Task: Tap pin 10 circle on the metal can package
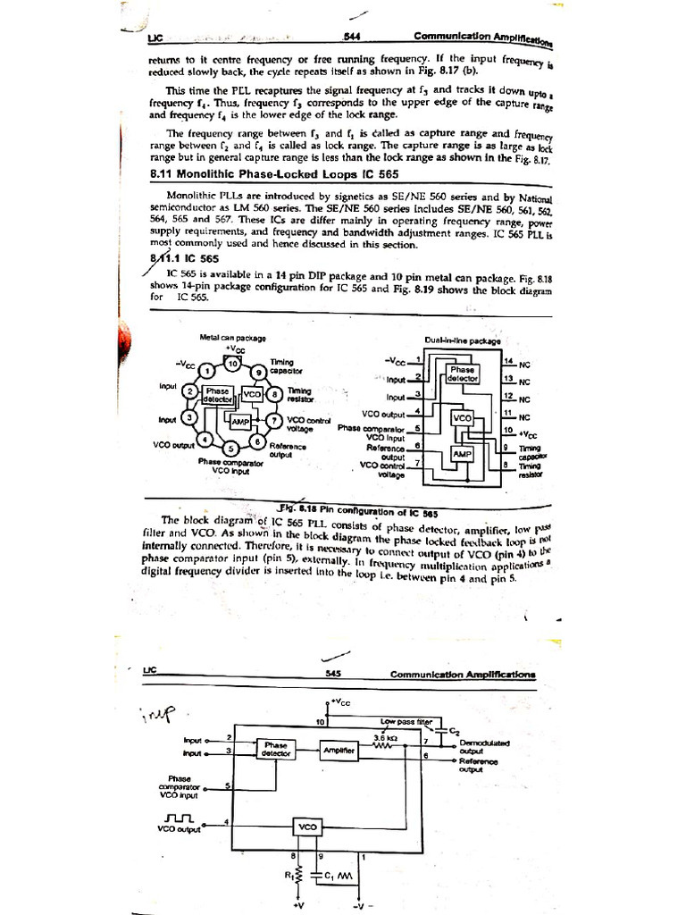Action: click(232, 364)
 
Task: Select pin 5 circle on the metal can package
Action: click(230, 447)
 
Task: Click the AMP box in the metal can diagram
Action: click(240, 421)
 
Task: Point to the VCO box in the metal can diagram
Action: click(252, 393)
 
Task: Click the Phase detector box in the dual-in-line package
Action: click(463, 373)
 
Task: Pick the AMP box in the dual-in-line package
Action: click(462, 454)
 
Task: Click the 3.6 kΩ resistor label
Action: click(385, 737)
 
